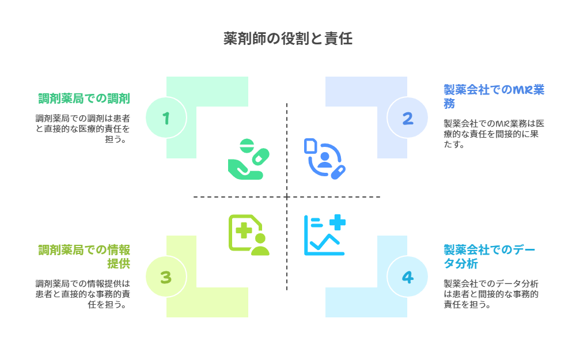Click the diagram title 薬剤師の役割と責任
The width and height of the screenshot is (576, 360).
coord(287,39)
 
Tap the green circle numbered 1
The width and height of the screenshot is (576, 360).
coord(166,118)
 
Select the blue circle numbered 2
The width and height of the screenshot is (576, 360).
coord(407,118)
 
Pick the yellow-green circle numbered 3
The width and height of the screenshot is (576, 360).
coord(166,277)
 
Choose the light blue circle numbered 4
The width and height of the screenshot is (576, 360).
coord(407,277)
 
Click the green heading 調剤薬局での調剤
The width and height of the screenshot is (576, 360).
coord(84,98)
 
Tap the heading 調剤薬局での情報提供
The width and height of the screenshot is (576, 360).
coord(84,256)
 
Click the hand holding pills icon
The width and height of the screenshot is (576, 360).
coord(248,158)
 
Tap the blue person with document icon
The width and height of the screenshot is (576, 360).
coord(324,158)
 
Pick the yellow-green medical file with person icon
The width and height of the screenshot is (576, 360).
coord(248,235)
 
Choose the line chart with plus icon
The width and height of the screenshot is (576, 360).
coord(324,235)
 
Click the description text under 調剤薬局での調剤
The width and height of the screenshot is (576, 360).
coord(82,128)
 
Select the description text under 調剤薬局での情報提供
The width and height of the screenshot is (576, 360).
coord(82,294)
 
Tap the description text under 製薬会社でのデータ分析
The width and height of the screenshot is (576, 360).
coord(491,294)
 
